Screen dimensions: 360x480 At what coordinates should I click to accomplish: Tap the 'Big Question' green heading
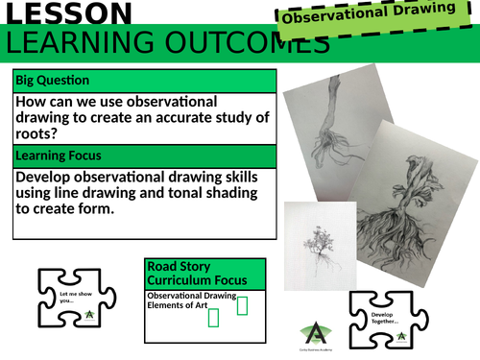(x=53, y=81)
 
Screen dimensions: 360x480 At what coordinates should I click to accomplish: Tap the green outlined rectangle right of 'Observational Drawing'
(x=242, y=304)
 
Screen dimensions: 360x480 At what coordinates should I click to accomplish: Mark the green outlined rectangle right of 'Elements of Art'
(x=212, y=317)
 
